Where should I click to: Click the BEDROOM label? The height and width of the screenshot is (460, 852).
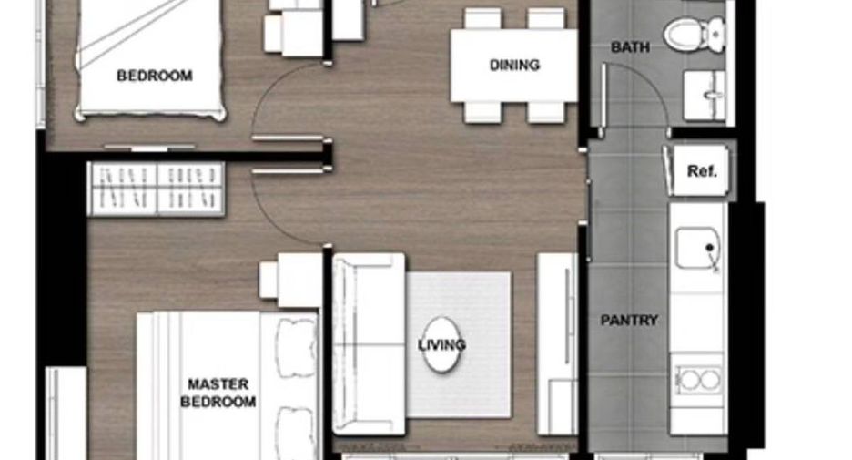[x=155, y=75]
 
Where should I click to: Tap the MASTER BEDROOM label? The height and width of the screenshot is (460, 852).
[x=218, y=393]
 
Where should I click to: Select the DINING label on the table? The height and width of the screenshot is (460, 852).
[x=514, y=66]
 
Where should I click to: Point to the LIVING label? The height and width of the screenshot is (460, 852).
[x=441, y=344]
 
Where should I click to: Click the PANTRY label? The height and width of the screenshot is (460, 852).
[x=629, y=321]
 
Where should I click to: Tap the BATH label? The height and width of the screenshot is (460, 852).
[x=630, y=47]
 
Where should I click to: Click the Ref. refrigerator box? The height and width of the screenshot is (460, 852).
[x=698, y=170]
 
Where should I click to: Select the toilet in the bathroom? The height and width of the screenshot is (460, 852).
[x=695, y=34]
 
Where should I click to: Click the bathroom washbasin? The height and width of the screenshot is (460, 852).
[x=705, y=95]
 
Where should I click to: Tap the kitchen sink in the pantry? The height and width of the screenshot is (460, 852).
[x=698, y=248]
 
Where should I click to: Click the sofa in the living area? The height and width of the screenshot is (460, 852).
[x=369, y=343]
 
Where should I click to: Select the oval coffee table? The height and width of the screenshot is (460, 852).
[x=441, y=344]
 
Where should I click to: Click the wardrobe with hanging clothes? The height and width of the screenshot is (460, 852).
[x=157, y=189]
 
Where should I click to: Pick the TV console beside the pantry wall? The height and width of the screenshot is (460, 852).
[x=557, y=343]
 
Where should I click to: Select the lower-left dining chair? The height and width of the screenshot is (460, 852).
[x=482, y=112]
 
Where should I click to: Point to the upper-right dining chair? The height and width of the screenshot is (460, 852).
[x=546, y=18]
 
